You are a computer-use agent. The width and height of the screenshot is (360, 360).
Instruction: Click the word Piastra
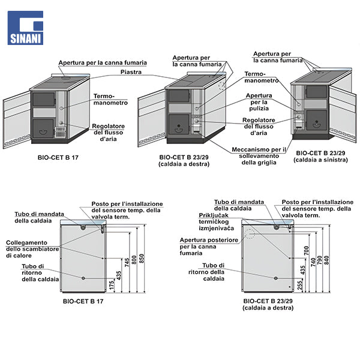[131, 71]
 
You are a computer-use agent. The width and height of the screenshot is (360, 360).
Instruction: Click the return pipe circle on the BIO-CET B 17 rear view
[83, 278]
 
